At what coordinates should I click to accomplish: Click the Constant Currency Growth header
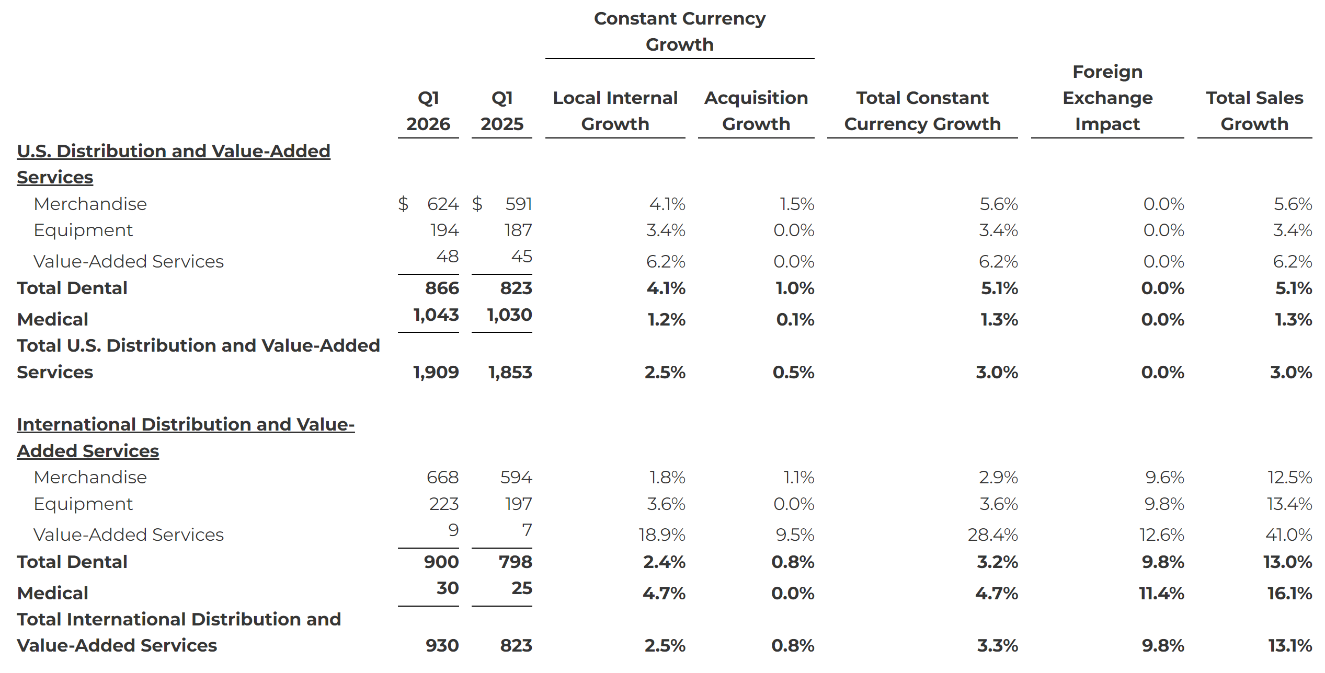coord(679,31)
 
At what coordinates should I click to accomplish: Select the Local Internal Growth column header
coord(615,111)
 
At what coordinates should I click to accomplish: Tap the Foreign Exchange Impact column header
coord(1107,98)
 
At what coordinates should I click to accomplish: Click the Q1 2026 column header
coord(428,111)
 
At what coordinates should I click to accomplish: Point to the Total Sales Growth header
coord(1254,111)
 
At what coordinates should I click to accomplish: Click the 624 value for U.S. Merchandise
coord(443,204)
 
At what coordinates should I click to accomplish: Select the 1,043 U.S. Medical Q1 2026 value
coord(436,315)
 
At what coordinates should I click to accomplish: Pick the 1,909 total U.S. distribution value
coord(436,372)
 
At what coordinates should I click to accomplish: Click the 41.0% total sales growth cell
coord(1289,535)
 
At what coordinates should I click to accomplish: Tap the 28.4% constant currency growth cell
coord(992,535)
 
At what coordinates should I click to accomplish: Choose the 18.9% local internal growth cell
coord(661,535)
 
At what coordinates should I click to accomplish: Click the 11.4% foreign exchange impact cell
coord(1161,593)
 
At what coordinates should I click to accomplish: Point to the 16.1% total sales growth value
coord(1289,593)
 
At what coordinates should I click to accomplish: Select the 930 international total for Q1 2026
coord(442,645)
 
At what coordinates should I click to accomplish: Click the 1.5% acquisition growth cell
coord(797,204)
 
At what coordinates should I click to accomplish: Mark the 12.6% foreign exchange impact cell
coord(1161,535)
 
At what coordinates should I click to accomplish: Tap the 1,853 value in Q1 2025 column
coord(510,372)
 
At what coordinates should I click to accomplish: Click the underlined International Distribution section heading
coord(186,437)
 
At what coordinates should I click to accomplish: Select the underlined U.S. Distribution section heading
coord(174,164)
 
